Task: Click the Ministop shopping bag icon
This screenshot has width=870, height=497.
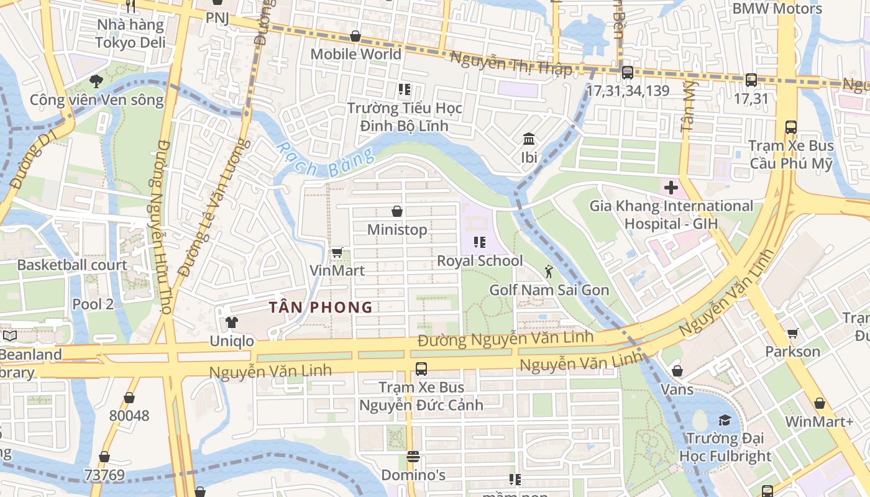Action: coord(397,212)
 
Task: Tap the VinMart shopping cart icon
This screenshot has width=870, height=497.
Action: coord(337,252)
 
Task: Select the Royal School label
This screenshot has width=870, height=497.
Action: coord(480,260)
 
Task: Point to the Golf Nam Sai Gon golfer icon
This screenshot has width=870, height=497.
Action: coord(549,271)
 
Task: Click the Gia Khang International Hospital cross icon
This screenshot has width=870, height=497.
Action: coord(671,187)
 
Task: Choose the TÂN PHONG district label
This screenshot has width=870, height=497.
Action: coord(321,307)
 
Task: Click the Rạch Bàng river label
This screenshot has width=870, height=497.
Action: coord(325,161)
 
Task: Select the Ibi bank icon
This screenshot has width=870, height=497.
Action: coord(529,139)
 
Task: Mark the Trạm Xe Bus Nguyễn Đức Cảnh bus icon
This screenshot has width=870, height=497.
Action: coord(421,368)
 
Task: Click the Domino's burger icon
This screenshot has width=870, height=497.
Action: coord(413,457)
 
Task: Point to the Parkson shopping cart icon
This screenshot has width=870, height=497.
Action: coord(793,334)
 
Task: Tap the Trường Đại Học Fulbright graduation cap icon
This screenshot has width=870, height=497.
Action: coord(725,421)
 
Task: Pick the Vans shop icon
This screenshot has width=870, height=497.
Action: coord(677,371)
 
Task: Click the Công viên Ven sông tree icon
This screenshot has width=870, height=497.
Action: coord(96,81)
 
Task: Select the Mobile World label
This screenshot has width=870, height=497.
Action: coord(356,54)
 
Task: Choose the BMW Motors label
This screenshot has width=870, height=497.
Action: coord(777,9)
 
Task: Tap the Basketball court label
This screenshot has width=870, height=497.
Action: coord(72,265)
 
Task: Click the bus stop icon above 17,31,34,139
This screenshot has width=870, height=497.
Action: coord(628,72)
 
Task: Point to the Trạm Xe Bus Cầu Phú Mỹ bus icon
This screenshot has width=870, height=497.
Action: coord(791,127)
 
